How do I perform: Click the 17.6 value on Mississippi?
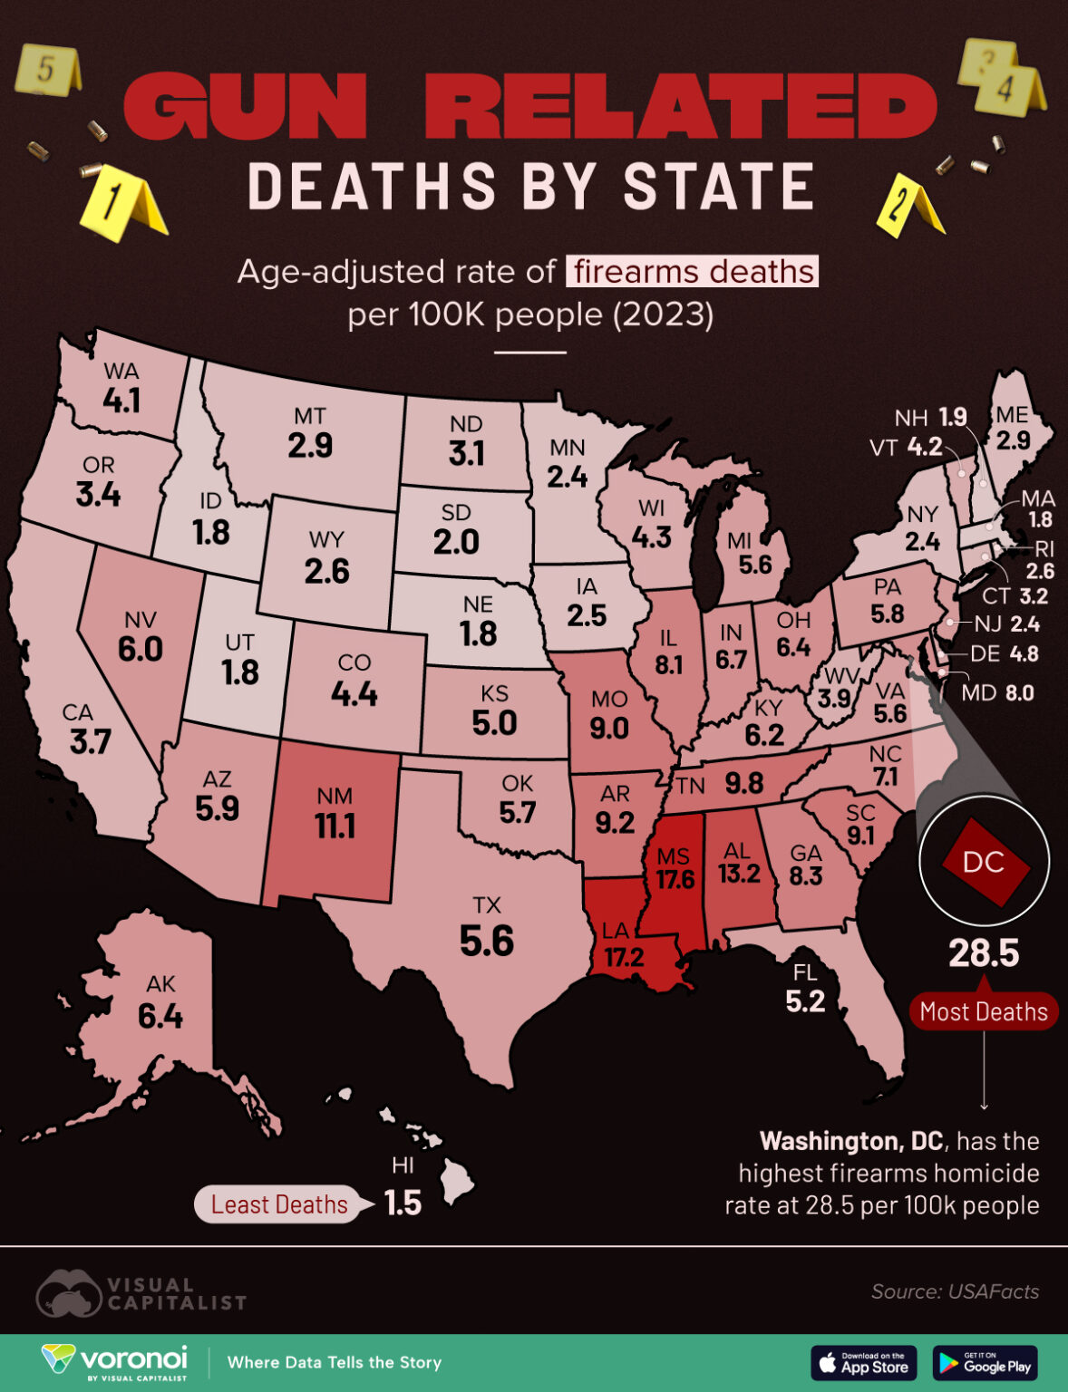coord(675,879)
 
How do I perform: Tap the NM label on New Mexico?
coord(334,796)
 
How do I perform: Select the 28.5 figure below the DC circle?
coord(984,953)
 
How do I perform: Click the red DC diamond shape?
coord(985,861)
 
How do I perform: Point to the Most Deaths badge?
coord(984,1011)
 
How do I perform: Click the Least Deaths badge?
coord(279,1204)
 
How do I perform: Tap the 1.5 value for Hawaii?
coord(403,1203)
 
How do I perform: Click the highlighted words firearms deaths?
coord(693,271)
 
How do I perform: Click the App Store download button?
coord(864,1363)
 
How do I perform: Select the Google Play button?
coord(985,1363)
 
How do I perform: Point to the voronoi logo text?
coord(133,1358)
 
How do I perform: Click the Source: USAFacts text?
coord(955,1291)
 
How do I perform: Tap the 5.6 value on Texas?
coord(486,942)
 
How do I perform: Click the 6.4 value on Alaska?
coord(160,1017)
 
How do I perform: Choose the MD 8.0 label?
coord(997,693)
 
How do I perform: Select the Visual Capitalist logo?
coord(141,1293)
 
